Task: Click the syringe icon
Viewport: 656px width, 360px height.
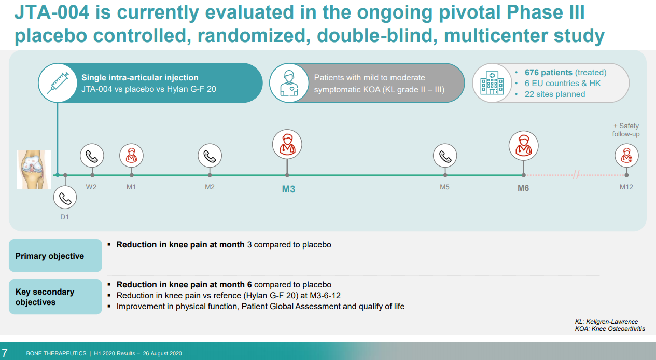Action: point(58,83)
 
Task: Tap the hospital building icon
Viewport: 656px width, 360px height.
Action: point(492,83)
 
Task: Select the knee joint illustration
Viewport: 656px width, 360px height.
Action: point(34,169)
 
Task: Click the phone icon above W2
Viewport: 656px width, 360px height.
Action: point(92,156)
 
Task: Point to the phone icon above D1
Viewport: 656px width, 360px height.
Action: point(65,198)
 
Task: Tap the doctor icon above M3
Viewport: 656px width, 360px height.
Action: point(287,144)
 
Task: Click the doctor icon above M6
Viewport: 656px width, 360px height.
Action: point(523,146)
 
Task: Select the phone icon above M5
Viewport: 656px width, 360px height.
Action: point(445,156)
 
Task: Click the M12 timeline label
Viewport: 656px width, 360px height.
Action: point(626,187)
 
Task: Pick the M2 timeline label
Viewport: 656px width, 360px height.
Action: point(210,187)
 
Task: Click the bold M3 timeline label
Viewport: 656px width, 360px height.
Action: point(288,189)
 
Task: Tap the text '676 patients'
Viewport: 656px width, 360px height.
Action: point(549,72)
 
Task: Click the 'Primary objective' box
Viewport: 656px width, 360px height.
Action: point(55,255)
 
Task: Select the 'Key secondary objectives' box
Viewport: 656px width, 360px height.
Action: point(55,297)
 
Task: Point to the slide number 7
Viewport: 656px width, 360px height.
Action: point(5,353)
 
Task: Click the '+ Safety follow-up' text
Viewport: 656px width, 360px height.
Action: point(626,130)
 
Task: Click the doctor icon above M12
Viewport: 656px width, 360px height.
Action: point(626,156)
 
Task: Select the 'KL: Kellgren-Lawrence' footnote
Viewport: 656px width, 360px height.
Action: point(606,321)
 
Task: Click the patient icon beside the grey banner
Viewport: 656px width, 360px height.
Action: point(289,83)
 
